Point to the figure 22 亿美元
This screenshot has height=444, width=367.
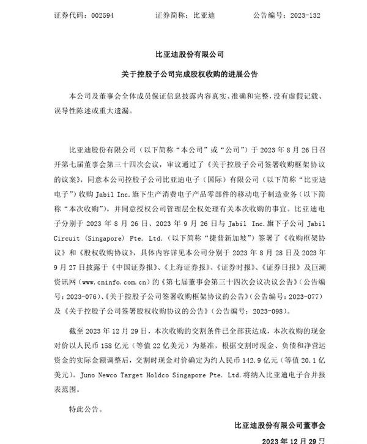tap(150, 339)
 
